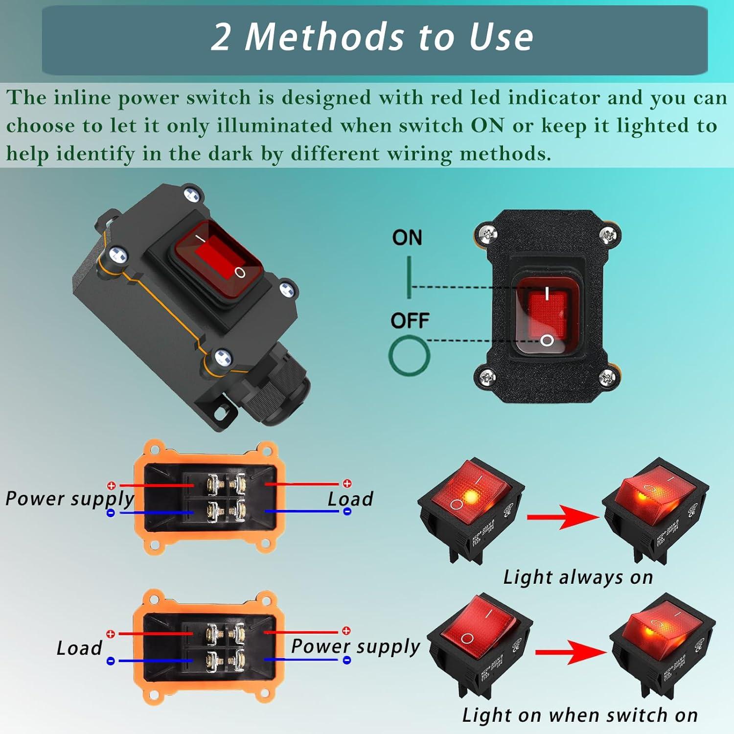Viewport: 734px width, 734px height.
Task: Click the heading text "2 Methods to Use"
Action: click(x=372, y=37)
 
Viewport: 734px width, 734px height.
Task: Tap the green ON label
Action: click(x=407, y=238)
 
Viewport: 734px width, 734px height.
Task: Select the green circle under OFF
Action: click(x=409, y=356)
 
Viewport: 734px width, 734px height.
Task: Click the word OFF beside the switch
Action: click(x=410, y=321)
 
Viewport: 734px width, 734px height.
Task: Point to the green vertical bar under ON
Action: click(x=409, y=277)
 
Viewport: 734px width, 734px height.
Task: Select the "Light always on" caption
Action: click(x=578, y=577)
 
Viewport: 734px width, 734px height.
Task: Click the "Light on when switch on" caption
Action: click(x=580, y=715)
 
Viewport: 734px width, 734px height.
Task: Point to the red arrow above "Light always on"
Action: click(x=562, y=518)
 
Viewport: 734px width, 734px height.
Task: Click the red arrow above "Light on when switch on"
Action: click(x=570, y=652)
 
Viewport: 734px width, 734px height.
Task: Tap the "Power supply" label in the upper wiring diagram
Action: click(x=69, y=499)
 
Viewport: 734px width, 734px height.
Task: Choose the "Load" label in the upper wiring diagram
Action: click(x=350, y=499)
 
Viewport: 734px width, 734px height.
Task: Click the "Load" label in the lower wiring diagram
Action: click(x=79, y=648)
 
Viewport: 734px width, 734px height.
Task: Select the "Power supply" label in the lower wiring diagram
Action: click(x=355, y=646)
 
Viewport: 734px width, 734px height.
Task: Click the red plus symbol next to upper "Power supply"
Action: click(x=112, y=485)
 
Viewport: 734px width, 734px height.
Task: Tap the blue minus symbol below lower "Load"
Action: click(x=111, y=661)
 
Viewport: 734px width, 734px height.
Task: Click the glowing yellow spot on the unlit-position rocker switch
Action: click(x=471, y=497)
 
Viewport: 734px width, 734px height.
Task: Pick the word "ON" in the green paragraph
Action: click(x=487, y=126)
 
